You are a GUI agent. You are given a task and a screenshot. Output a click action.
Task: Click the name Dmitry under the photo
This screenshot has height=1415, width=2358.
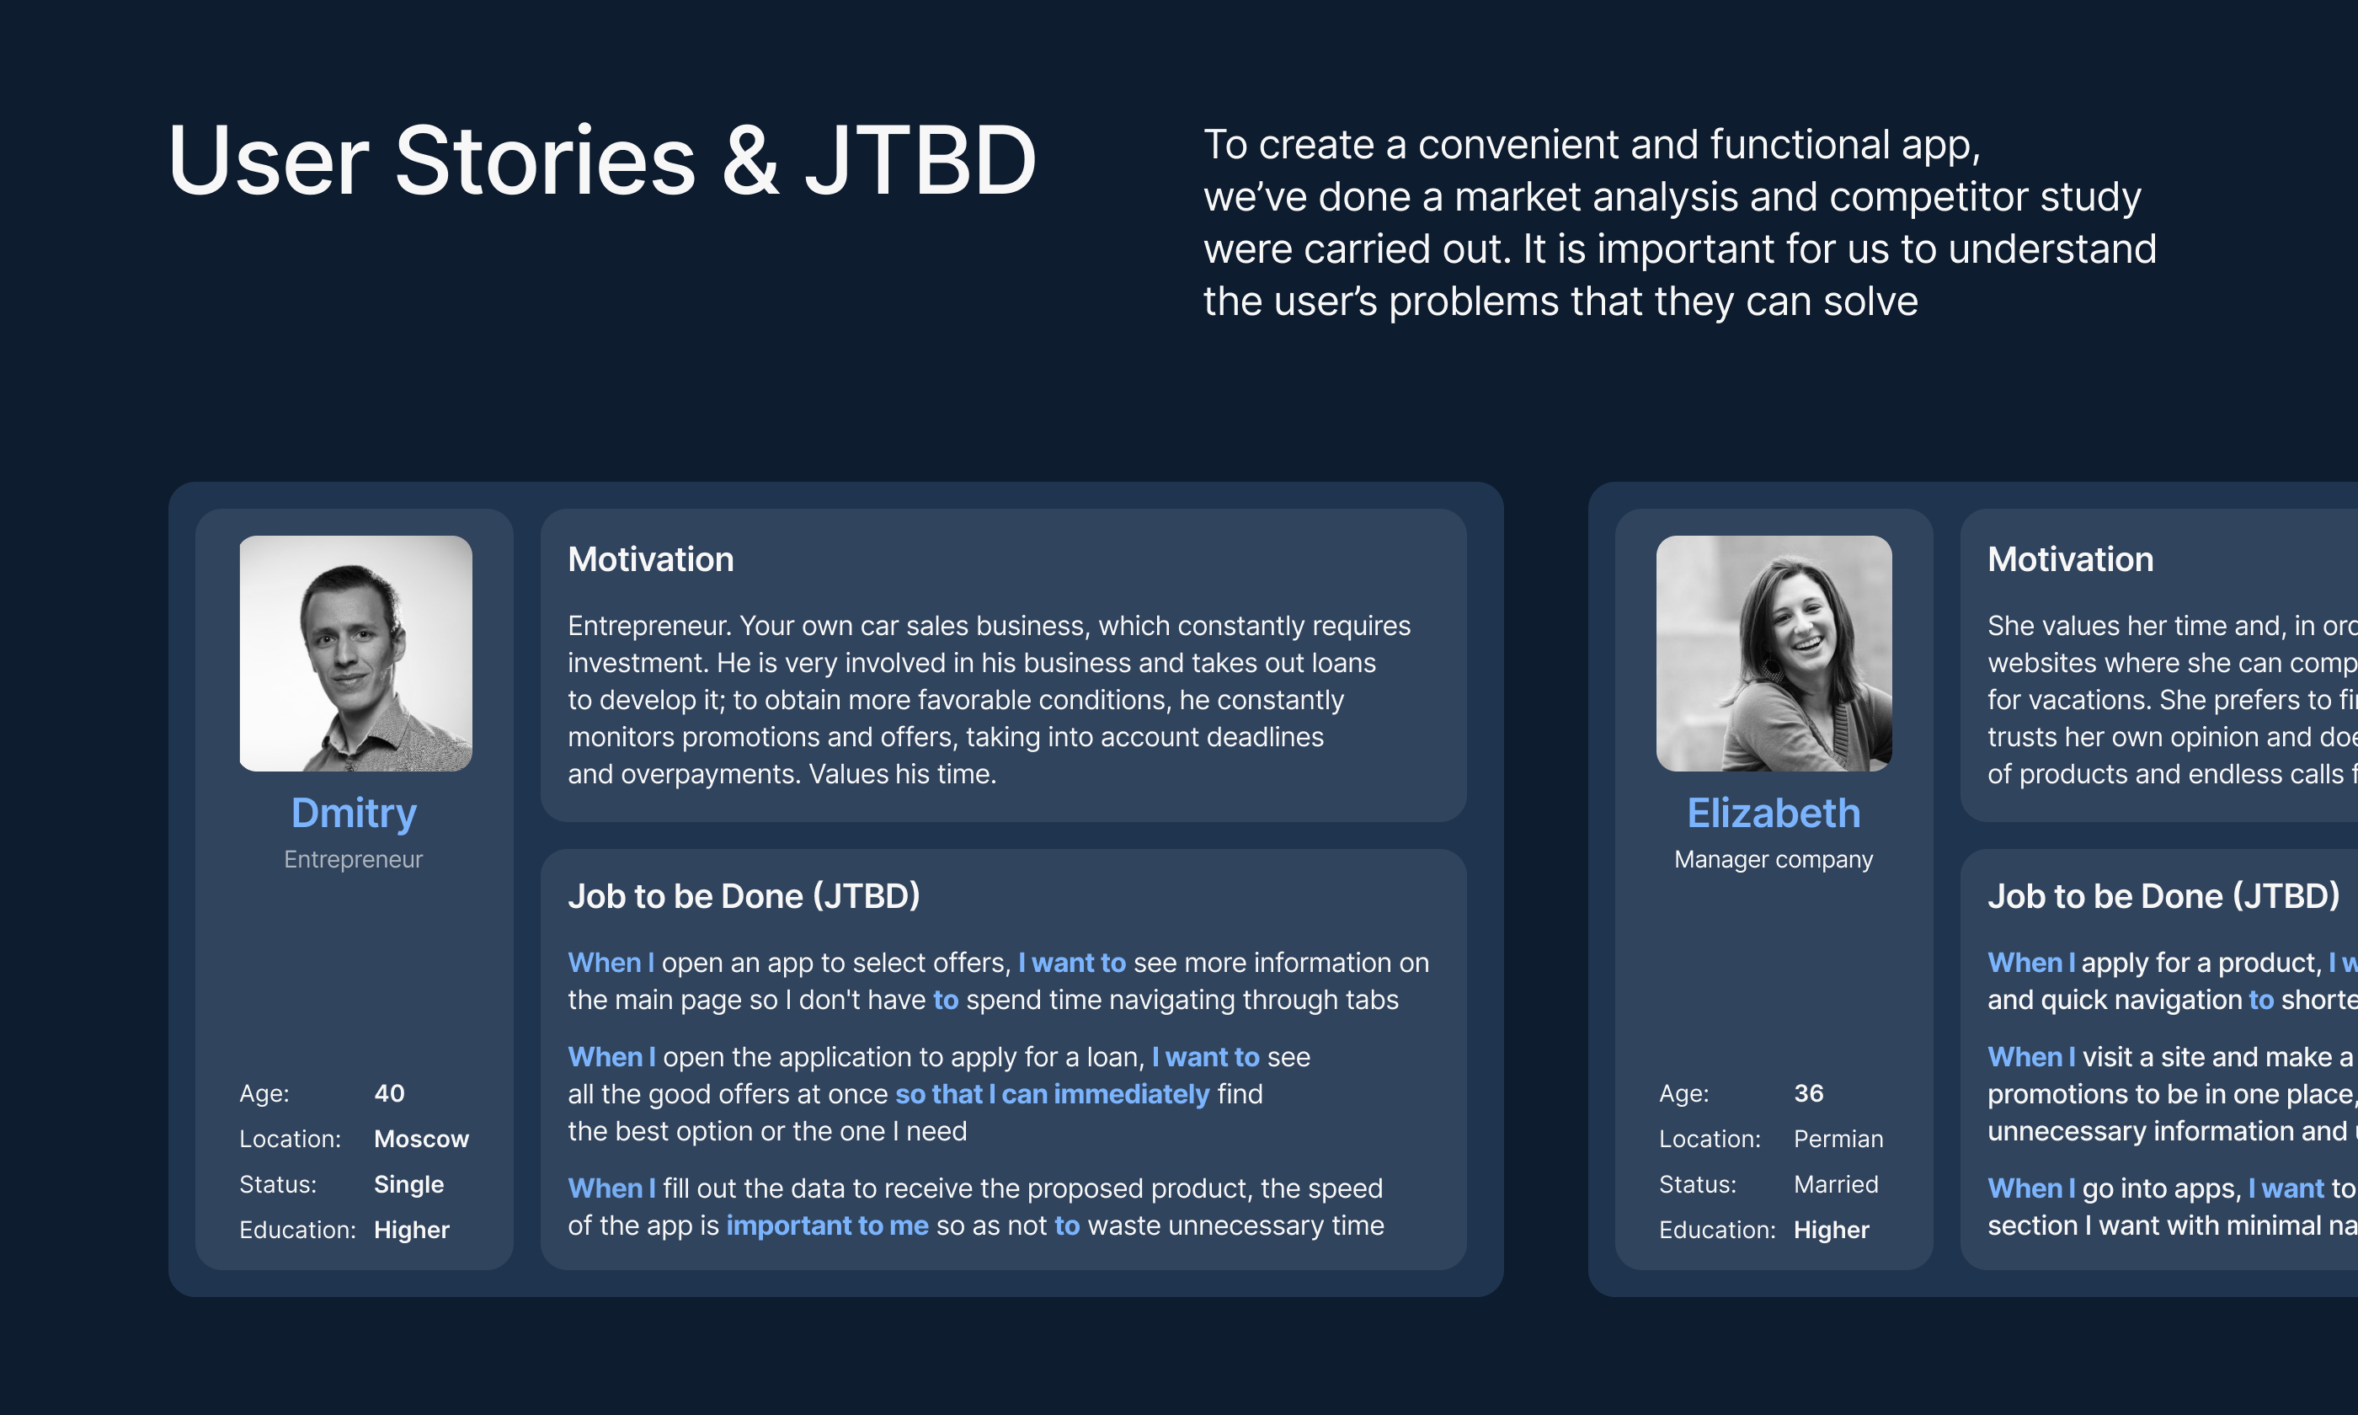coord(354,814)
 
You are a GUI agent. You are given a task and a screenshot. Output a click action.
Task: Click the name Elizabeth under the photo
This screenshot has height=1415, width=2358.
coord(1773,814)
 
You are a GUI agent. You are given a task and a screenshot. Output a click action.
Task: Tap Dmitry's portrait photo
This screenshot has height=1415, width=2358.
coord(355,653)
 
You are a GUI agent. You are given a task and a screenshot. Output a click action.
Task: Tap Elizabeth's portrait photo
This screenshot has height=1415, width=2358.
coord(1773,653)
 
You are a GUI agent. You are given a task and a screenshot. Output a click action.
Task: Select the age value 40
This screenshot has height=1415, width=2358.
coord(389,1092)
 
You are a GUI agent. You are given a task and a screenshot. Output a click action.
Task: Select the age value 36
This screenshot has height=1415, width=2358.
coord(1808,1092)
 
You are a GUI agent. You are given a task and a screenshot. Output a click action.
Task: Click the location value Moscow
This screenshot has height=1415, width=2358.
coord(421,1139)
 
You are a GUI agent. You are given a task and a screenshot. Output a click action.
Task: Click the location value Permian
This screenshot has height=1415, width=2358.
coord(1838,1139)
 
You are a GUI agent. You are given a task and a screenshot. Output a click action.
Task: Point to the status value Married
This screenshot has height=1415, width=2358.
coord(1836,1184)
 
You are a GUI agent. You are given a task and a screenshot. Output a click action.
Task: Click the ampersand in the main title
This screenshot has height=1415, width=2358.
coord(750,160)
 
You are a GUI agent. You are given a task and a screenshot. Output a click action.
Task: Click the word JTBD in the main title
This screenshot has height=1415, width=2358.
coord(920,160)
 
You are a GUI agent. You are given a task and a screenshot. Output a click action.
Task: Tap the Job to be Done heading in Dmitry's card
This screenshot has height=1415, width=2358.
coord(744,896)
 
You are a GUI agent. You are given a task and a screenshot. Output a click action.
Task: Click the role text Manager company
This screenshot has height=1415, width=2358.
coord(1773,859)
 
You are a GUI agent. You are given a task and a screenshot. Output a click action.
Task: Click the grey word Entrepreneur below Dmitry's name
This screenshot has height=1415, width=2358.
coord(353,859)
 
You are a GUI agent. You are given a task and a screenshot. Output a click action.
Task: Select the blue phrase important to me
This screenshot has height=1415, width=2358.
coord(826,1225)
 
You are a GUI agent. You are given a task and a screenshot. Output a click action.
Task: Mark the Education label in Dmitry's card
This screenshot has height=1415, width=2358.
coord(297,1230)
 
